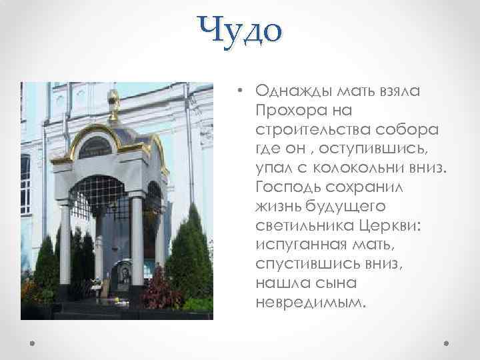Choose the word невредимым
310,303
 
